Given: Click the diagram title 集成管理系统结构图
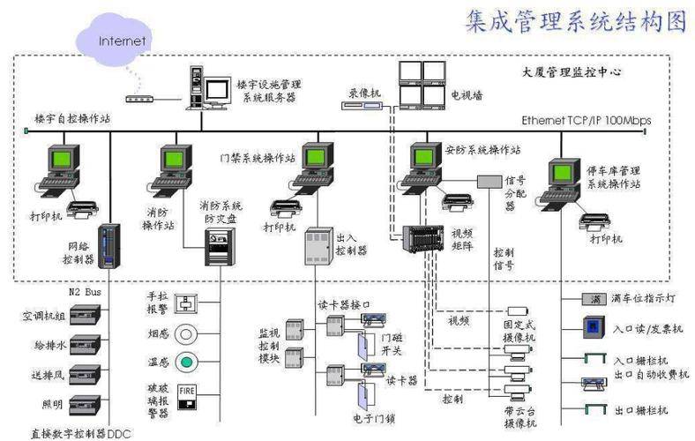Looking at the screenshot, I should point(574,22).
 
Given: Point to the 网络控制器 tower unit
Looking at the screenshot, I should point(108,246).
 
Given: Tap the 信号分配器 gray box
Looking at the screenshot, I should point(490,181).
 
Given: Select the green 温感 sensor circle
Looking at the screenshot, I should point(186,362).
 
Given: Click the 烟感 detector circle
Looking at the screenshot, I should point(186,333).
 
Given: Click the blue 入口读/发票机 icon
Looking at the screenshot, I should point(594,327).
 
